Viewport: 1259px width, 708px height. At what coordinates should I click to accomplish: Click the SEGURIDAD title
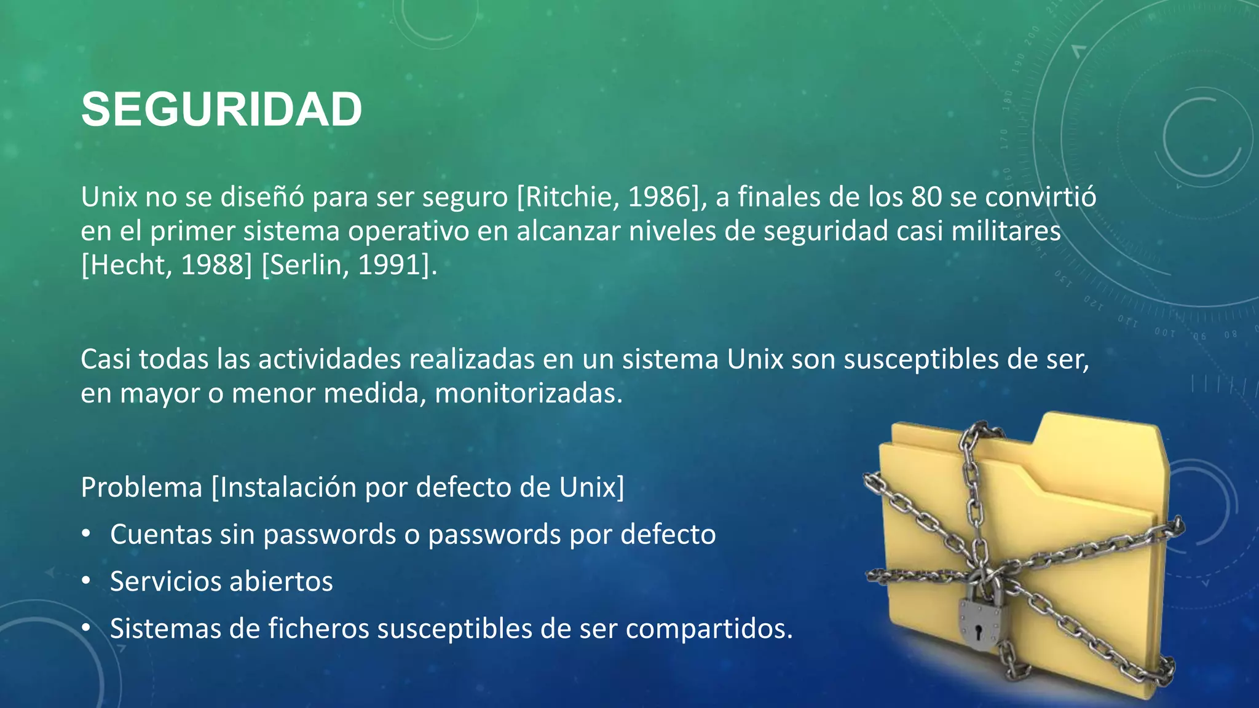point(221,109)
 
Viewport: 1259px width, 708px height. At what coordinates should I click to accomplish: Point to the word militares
point(1006,232)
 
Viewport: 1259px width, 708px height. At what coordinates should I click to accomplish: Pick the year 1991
point(392,265)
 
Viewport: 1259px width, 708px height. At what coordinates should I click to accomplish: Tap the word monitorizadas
point(528,394)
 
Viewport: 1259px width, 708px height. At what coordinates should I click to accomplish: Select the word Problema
point(141,488)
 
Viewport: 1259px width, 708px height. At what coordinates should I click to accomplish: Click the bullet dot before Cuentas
point(86,533)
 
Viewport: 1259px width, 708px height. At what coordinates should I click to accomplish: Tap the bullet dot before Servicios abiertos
point(86,581)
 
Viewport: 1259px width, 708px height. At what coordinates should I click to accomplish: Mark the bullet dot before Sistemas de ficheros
point(86,627)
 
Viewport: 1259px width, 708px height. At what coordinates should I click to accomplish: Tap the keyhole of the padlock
point(979,631)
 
